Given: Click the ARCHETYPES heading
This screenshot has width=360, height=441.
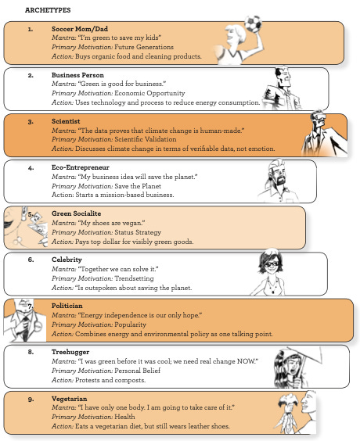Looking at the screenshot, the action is [48, 10].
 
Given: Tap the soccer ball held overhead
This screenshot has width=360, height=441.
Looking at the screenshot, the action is [253, 23].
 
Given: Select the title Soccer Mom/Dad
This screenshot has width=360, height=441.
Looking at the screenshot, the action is [80, 29].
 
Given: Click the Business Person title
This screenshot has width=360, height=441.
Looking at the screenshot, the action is [77, 75].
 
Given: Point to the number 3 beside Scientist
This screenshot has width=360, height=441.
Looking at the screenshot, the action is [31, 122].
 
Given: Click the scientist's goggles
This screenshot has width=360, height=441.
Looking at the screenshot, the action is [320, 117].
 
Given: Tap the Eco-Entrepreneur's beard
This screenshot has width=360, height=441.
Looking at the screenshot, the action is [281, 181].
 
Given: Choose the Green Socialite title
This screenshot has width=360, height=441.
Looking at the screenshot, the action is [76, 213].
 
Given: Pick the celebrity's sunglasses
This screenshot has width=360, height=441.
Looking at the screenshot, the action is [272, 264].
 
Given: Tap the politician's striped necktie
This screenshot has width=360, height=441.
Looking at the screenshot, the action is [26, 327].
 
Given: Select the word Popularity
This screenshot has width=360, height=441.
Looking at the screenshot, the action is [131, 324].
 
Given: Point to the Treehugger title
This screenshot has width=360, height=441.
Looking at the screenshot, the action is [70, 352].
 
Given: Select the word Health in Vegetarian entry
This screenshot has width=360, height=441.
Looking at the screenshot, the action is [124, 417].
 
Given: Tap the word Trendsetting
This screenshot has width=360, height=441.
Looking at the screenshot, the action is [135, 278].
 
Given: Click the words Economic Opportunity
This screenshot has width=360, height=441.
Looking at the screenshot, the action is [149, 93].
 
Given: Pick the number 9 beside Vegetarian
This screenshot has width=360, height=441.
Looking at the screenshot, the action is [31, 399].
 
